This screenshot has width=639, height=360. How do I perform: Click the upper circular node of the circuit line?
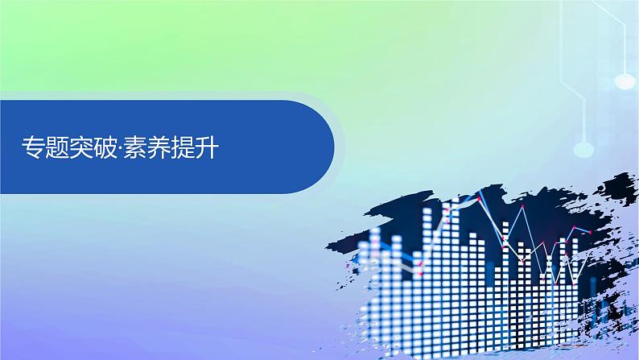click(x=624, y=81)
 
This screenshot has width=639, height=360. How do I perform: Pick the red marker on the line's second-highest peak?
click(x=522, y=209)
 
